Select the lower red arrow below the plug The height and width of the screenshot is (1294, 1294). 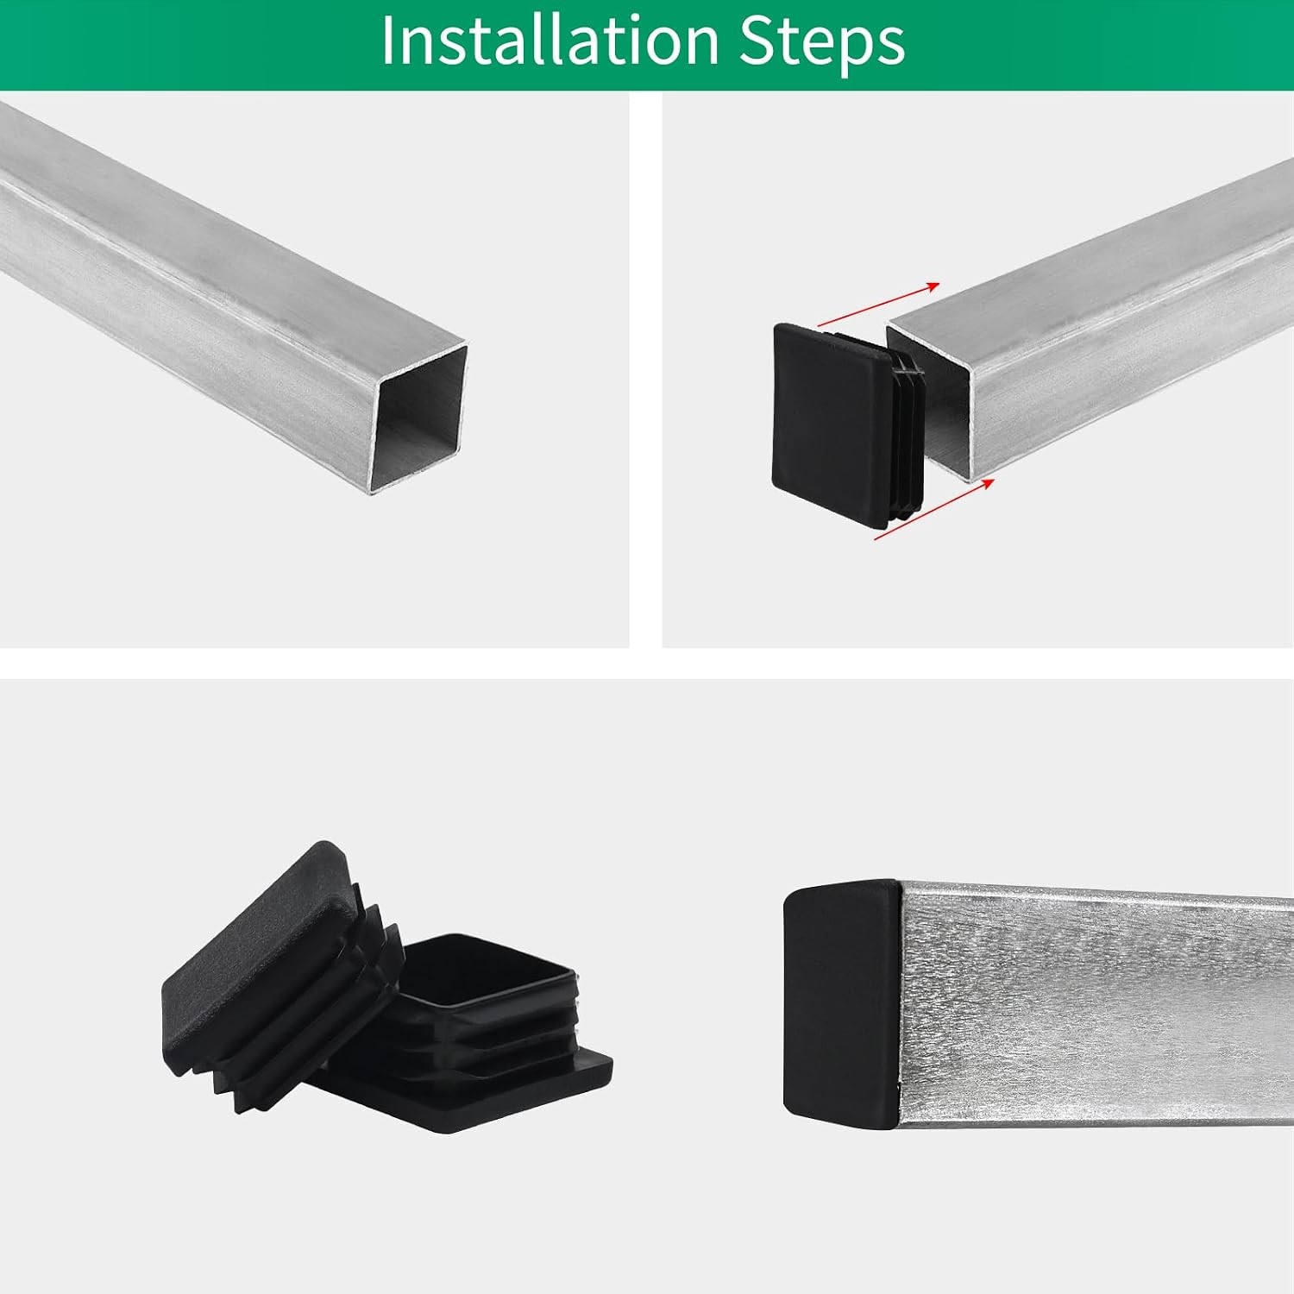[934, 509]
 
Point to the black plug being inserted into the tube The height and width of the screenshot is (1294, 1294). [849, 425]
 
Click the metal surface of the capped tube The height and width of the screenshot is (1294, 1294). [1096, 1005]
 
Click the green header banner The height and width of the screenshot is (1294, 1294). [647, 45]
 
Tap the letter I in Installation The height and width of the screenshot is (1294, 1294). [388, 40]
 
